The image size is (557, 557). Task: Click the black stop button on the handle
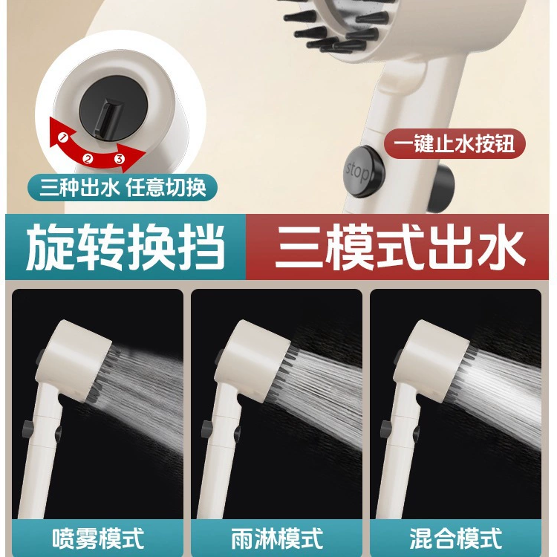click(x=365, y=172)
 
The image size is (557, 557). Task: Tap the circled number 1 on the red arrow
click(x=63, y=137)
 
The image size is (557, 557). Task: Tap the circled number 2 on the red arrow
click(x=88, y=158)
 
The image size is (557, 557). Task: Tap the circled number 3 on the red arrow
click(x=120, y=158)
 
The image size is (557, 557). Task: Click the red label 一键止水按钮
click(x=455, y=144)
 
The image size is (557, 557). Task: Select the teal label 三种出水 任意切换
click(x=123, y=187)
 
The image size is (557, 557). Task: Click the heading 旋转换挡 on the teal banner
click(x=126, y=247)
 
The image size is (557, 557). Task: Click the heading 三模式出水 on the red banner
click(x=400, y=247)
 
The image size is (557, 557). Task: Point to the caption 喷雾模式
click(x=98, y=538)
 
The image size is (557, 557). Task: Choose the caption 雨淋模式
click(x=277, y=538)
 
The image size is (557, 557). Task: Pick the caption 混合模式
click(x=456, y=538)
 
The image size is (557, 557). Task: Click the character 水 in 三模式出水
click(x=501, y=247)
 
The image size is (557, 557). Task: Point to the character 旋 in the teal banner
click(x=50, y=247)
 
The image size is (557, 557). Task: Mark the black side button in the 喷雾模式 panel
click(x=28, y=429)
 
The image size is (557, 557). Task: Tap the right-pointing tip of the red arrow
click(x=146, y=152)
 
